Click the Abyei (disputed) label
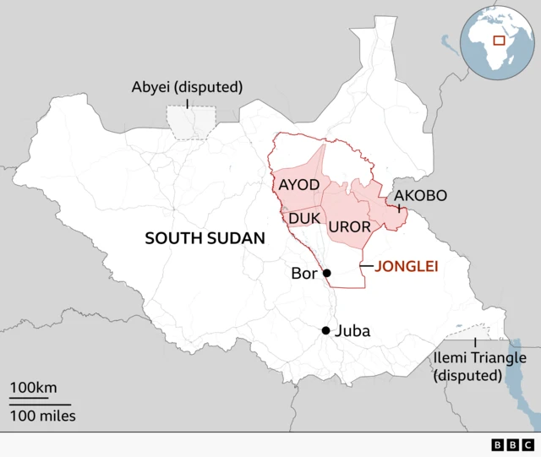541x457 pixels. [187, 87]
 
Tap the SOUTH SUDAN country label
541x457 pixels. [205, 238]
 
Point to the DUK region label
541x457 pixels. [303, 219]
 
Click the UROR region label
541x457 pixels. [347, 226]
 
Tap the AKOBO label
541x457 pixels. [420, 196]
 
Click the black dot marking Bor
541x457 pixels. [326, 273]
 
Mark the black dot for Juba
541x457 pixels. [325, 330]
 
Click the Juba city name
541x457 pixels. [352, 331]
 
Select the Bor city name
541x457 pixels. [303, 274]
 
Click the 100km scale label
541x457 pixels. [33, 388]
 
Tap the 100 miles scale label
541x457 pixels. [42, 415]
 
